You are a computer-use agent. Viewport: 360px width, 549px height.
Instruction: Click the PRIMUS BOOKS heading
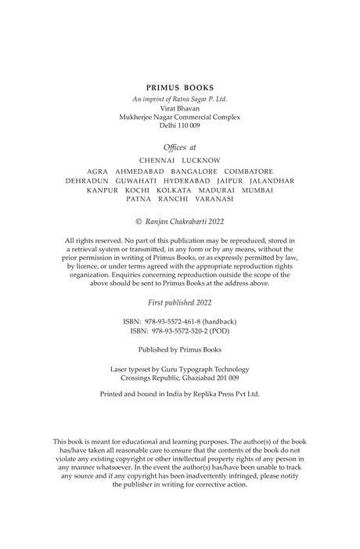click(x=180, y=89)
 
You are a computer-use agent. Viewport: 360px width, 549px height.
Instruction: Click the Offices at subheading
click(x=180, y=146)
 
